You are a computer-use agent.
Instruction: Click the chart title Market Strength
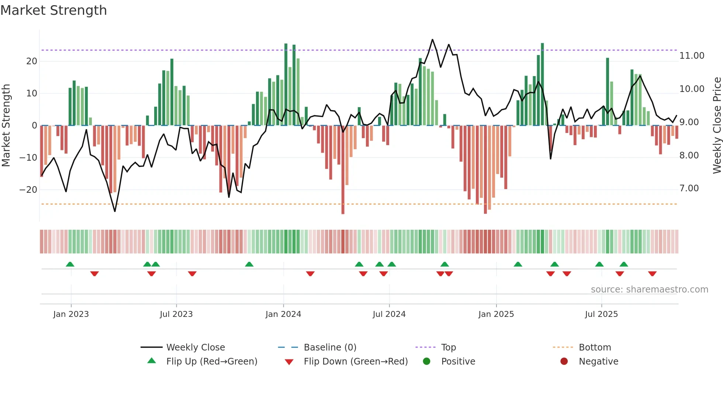53,10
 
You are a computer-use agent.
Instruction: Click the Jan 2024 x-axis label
283,314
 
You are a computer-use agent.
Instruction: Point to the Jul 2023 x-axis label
176,314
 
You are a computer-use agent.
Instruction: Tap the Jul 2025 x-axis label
601,314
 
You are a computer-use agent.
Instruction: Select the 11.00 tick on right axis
692,56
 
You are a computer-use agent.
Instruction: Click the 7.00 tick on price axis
689,188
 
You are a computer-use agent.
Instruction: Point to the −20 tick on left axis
28,190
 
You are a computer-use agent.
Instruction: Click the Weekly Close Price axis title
717,126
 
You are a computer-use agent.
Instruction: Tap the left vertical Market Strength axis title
6,126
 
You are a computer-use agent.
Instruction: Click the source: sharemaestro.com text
649,290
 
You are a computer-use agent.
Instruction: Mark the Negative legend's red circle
564,362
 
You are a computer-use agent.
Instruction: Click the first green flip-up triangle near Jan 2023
70,264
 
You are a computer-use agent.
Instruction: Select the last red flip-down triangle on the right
652,274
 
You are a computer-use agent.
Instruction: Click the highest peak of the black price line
432,40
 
